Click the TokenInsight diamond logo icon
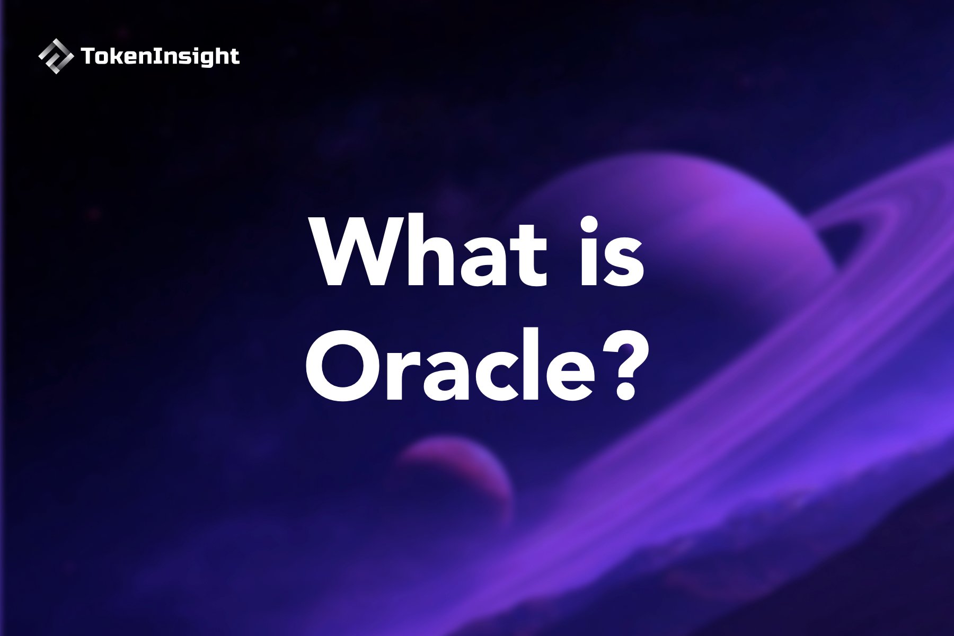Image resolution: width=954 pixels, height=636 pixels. coord(56,56)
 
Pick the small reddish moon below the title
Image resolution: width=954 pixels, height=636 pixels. coord(456,477)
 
